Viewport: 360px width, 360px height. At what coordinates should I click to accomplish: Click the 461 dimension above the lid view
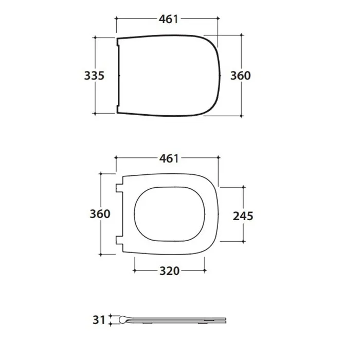tap(169, 19)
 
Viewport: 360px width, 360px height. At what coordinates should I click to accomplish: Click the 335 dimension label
tap(94, 76)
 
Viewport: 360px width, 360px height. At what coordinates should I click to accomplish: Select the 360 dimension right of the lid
tap(240, 76)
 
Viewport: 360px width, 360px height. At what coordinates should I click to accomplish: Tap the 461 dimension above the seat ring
tap(169, 158)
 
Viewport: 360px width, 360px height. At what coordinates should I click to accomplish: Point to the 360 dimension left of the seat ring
tap(100, 214)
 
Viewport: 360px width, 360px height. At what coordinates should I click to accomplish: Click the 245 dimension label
tap(243, 216)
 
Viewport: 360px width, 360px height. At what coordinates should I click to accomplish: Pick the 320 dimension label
tap(169, 271)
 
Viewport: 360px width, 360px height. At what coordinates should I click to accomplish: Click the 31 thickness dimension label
tap(99, 320)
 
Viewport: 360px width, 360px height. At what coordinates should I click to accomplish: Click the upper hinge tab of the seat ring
tap(119, 188)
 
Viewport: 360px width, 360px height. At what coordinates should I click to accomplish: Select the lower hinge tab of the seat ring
tap(119, 240)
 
